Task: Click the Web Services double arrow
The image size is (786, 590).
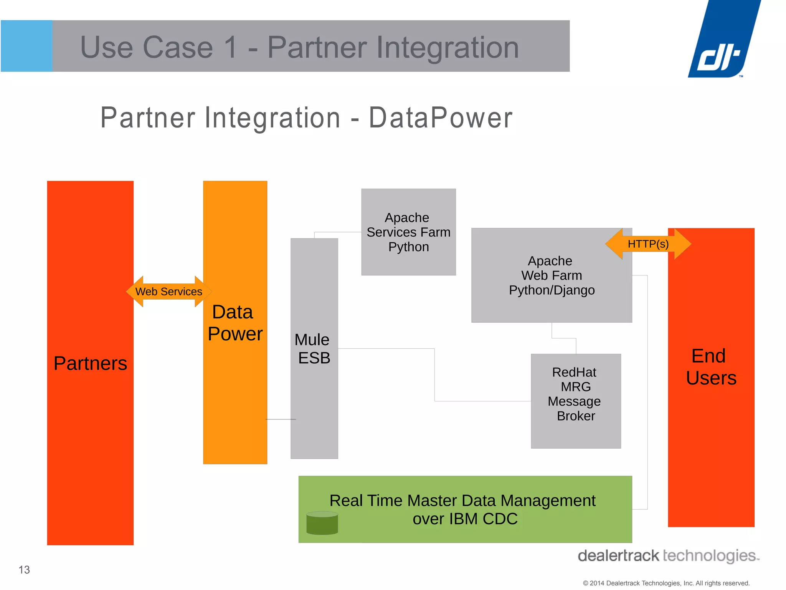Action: pyautogui.click(x=169, y=292)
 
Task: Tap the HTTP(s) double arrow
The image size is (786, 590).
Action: pyautogui.click(x=648, y=244)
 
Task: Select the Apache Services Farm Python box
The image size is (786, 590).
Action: pyautogui.click(x=408, y=232)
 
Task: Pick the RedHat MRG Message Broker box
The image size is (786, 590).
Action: pyautogui.click(x=576, y=401)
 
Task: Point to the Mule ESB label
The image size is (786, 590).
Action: pyautogui.click(x=313, y=349)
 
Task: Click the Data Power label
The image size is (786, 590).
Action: pyautogui.click(x=234, y=323)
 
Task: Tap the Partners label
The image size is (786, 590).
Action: pyautogui.click(x=90, y=363)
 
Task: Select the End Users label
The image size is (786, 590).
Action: pyautogui.click(x=711, y=367)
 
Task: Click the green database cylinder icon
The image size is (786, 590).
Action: pyautogui.click(x=322, y=523)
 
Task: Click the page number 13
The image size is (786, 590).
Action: pyautogui.click(x=24, y=570)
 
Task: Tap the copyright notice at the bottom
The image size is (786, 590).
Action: pyautogui.click(x=666, y=583)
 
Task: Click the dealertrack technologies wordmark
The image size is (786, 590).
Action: pyautogui.click(x=668, y=556)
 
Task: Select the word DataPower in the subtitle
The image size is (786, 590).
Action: pyautogui.click(x=441, y=118)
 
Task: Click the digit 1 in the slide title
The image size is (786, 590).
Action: pyautogui.click(x=231, y=47)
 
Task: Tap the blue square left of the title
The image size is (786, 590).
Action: pyautogui.click(x=26, y=46)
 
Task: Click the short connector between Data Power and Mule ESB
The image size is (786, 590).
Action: pyautogui.click(x=281, y=419)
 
